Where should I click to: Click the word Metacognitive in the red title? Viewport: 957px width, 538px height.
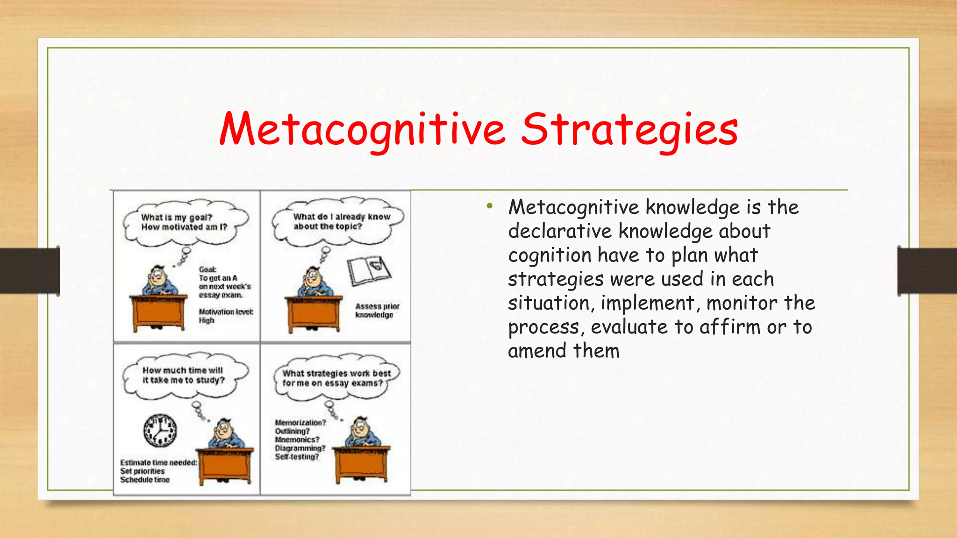click(x=362, y=129)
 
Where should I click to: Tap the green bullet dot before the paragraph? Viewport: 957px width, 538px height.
click(x=489, y=206)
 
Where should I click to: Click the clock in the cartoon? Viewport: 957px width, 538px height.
click(x=160, y=430)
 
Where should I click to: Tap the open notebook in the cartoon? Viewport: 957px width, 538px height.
click(x=369, y=270)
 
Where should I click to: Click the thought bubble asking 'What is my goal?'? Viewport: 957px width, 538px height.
click(x=185, y=222)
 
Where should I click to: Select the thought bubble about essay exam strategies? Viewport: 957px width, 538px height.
click(x=336, y=378)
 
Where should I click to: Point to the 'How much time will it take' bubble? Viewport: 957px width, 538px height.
click(x=184, y=375)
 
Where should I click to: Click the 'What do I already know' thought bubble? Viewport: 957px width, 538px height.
click(x=338, y=221)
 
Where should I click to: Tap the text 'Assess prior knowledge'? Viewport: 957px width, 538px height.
click(x=377, y=311)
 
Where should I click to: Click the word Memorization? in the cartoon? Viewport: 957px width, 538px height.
click(x=300, y=423)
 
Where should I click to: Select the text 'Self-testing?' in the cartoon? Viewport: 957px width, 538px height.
click(x=297, y=457)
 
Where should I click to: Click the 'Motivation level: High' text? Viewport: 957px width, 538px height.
click(x=226, y=316)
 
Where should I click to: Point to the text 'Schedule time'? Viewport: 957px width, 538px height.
click(x=145, y=480)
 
